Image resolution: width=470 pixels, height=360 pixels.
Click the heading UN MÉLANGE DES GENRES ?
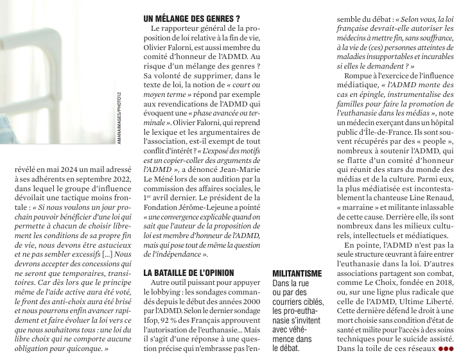pos(192,19)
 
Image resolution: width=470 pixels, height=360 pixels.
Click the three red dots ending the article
pos(446,350)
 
